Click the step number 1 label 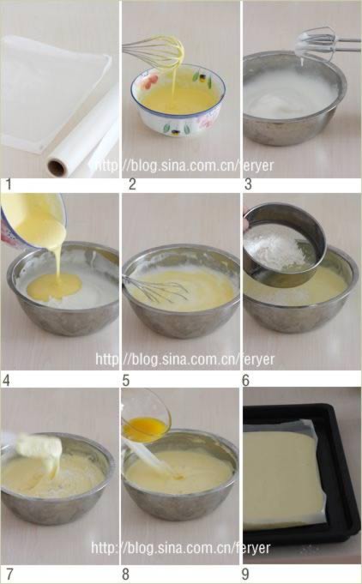coord(9,184)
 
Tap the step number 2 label coord(132,184)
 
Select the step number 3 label coord(248,184)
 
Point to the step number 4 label coord(6,381)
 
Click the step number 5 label coord(127,381)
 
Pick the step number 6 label coord(246,381)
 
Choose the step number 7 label coord(9,574)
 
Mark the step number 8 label coord(126,574)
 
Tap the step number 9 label coord(246,574)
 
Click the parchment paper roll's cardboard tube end coord(57,167)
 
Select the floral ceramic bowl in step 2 coord(178,99)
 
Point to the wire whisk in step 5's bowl coord(156,289)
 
